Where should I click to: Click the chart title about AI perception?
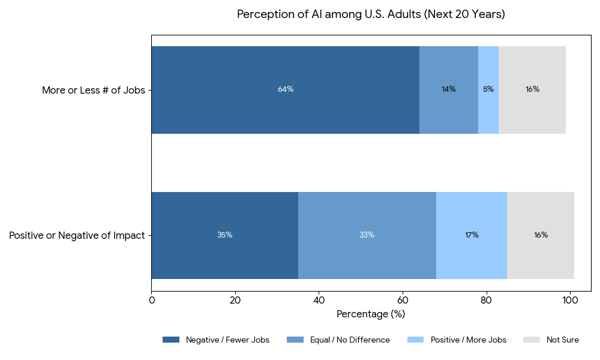click(x=371, y=14)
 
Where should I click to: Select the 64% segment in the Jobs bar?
click(x=285, y=89)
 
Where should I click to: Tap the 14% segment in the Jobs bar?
click(x=448, y=89)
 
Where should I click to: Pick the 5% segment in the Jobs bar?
click(x=488, y=89)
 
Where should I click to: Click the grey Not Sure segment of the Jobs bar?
click(x=532, y=89)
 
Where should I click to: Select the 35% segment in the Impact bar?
click(x=224, y=235)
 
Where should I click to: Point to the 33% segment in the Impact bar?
click(x=367, y=235)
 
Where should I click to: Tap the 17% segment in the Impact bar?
click(x=472, y=235)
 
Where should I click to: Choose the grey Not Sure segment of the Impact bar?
click(x=541, y=235)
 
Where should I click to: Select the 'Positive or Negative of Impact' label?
click(x=77, y=236)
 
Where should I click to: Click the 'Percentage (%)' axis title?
click(x=371, y=314)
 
